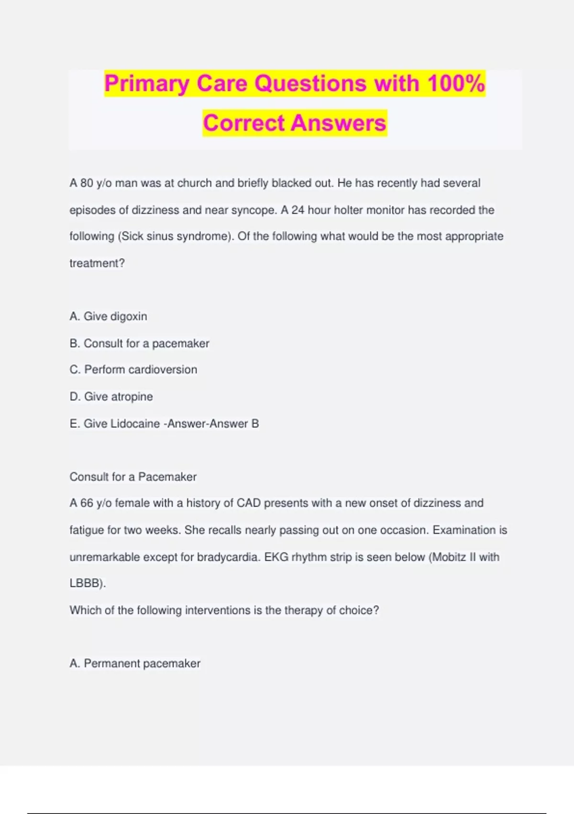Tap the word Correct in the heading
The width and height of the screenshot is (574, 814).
click(x=244, y=123)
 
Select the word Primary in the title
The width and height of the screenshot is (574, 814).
click(x=147, y=83)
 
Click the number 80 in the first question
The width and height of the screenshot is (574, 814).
click(x=87, y=183)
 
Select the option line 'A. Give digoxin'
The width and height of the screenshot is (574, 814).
click(x=109, y=317)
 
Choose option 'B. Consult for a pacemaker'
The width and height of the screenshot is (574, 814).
click(x=139, y=343)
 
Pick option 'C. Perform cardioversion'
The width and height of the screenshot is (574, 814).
click(x=133, y=370)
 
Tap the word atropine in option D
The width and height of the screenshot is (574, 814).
click(x=132, y=396)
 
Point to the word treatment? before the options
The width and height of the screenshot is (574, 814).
click(x=97, y=263)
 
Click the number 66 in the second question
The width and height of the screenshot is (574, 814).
click(x=87, y=503)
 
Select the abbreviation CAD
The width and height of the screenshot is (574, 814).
click(x=249, y=503)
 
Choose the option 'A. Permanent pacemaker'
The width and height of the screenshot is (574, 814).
click(x=135, y=664)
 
